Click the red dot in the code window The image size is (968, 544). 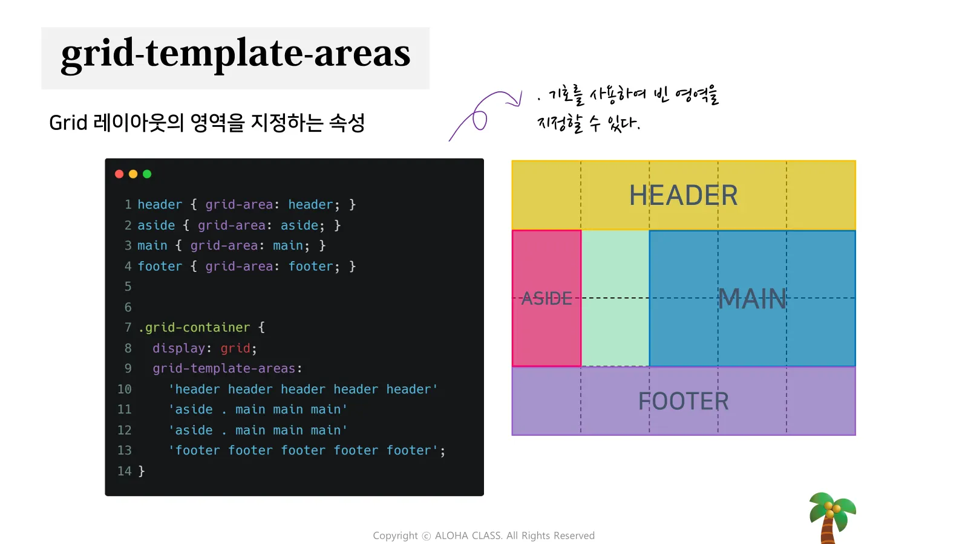coord(119,174)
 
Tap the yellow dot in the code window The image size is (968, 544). coord(133,174)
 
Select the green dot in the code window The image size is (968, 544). coord(147,174)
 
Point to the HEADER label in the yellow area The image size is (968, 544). coord(683,195)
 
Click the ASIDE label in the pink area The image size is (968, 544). coord(547,299)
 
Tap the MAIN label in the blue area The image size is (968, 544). coord(752,299)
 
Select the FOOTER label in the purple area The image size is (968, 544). coord(683,401)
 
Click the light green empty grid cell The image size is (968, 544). coord(615,299)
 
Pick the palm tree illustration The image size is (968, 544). coord(832,517)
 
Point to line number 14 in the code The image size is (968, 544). coord(125,471)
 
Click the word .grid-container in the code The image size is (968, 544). coord(194,328)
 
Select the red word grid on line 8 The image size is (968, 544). coord(235,348)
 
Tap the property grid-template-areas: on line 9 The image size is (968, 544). coord(227,368)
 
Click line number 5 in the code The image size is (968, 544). coord(128,287)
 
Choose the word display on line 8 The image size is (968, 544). coord(178,348)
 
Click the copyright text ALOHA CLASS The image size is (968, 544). coord(468,536)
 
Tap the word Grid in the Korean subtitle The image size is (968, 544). coord(68,123)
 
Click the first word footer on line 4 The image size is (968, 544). coord(160,267)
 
